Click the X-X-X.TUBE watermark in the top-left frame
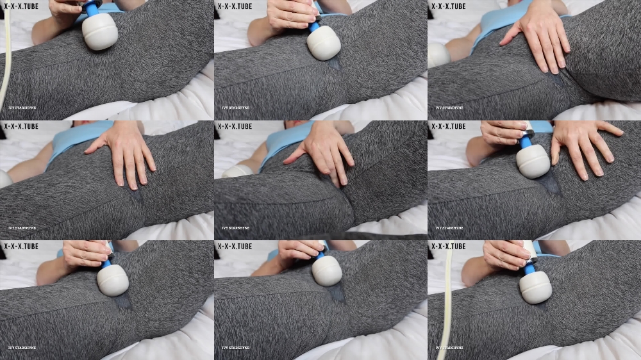click(21, 6)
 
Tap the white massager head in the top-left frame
click(100, 32)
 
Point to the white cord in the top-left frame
click(7, 58)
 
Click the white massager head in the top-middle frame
click(324, 43)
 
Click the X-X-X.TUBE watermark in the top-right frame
click(448, 6)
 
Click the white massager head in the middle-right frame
click(533, 161)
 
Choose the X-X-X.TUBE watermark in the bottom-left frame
click(21, 246)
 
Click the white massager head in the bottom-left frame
click(113, 280)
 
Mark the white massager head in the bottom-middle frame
click(327, 270)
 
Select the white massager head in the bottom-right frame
click(535, 286)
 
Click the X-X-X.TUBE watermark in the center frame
click(235, 126)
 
